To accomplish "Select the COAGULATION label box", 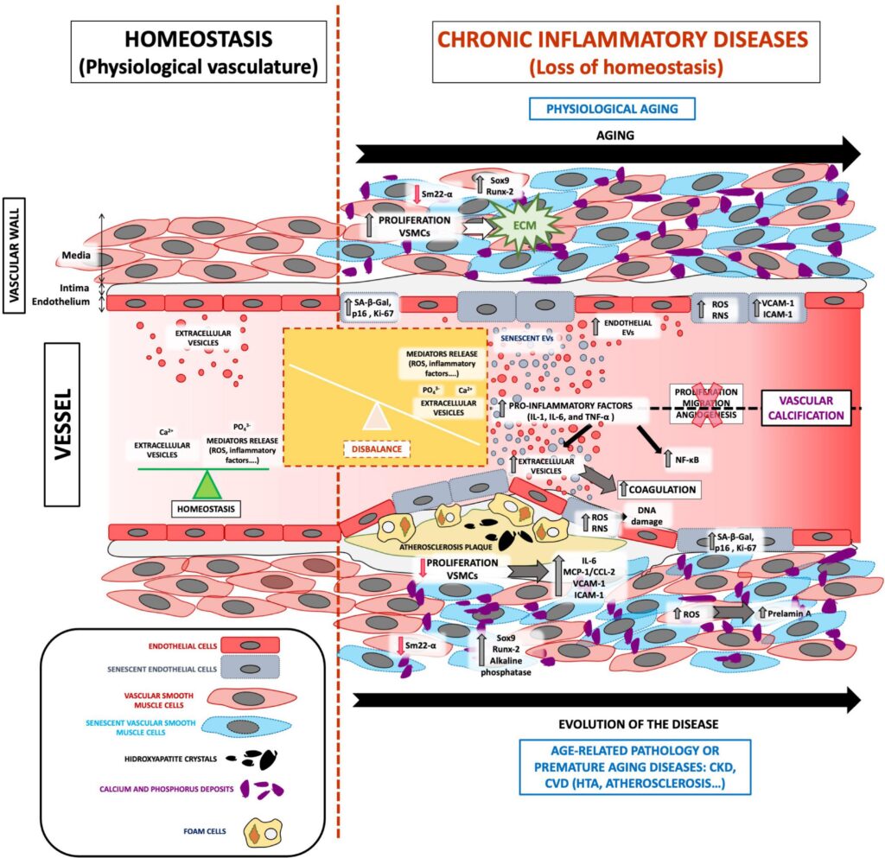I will pyautogui.click(x=659, y=488).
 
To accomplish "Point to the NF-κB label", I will pyautogui.click(x=686, y=461).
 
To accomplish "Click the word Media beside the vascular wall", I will pyautogui.click(x=74, y=256).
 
